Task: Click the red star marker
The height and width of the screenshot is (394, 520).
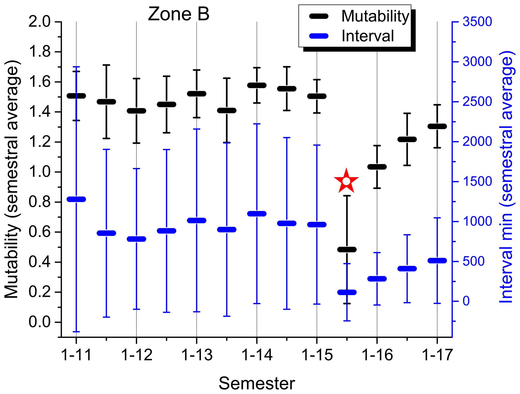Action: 346,181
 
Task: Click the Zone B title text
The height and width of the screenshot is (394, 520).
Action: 178,14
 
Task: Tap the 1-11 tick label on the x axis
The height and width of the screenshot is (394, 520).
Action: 76,355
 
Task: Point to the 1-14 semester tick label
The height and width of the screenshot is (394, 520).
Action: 257,355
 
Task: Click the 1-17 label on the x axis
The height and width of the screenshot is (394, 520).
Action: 437,355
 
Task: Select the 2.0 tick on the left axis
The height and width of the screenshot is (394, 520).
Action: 39,22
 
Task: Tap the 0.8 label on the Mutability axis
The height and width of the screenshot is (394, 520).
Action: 39,202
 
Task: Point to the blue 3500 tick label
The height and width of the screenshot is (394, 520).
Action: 477,22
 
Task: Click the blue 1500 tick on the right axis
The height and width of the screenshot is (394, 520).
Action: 477,182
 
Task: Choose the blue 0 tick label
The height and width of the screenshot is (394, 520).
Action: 466,301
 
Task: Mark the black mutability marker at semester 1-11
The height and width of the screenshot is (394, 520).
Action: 76,96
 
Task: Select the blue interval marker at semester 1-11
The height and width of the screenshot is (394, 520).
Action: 76,199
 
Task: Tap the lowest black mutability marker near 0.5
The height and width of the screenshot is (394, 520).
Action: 347,249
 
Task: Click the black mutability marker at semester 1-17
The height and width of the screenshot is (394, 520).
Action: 437,126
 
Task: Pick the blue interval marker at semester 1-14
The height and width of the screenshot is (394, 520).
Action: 257,214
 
